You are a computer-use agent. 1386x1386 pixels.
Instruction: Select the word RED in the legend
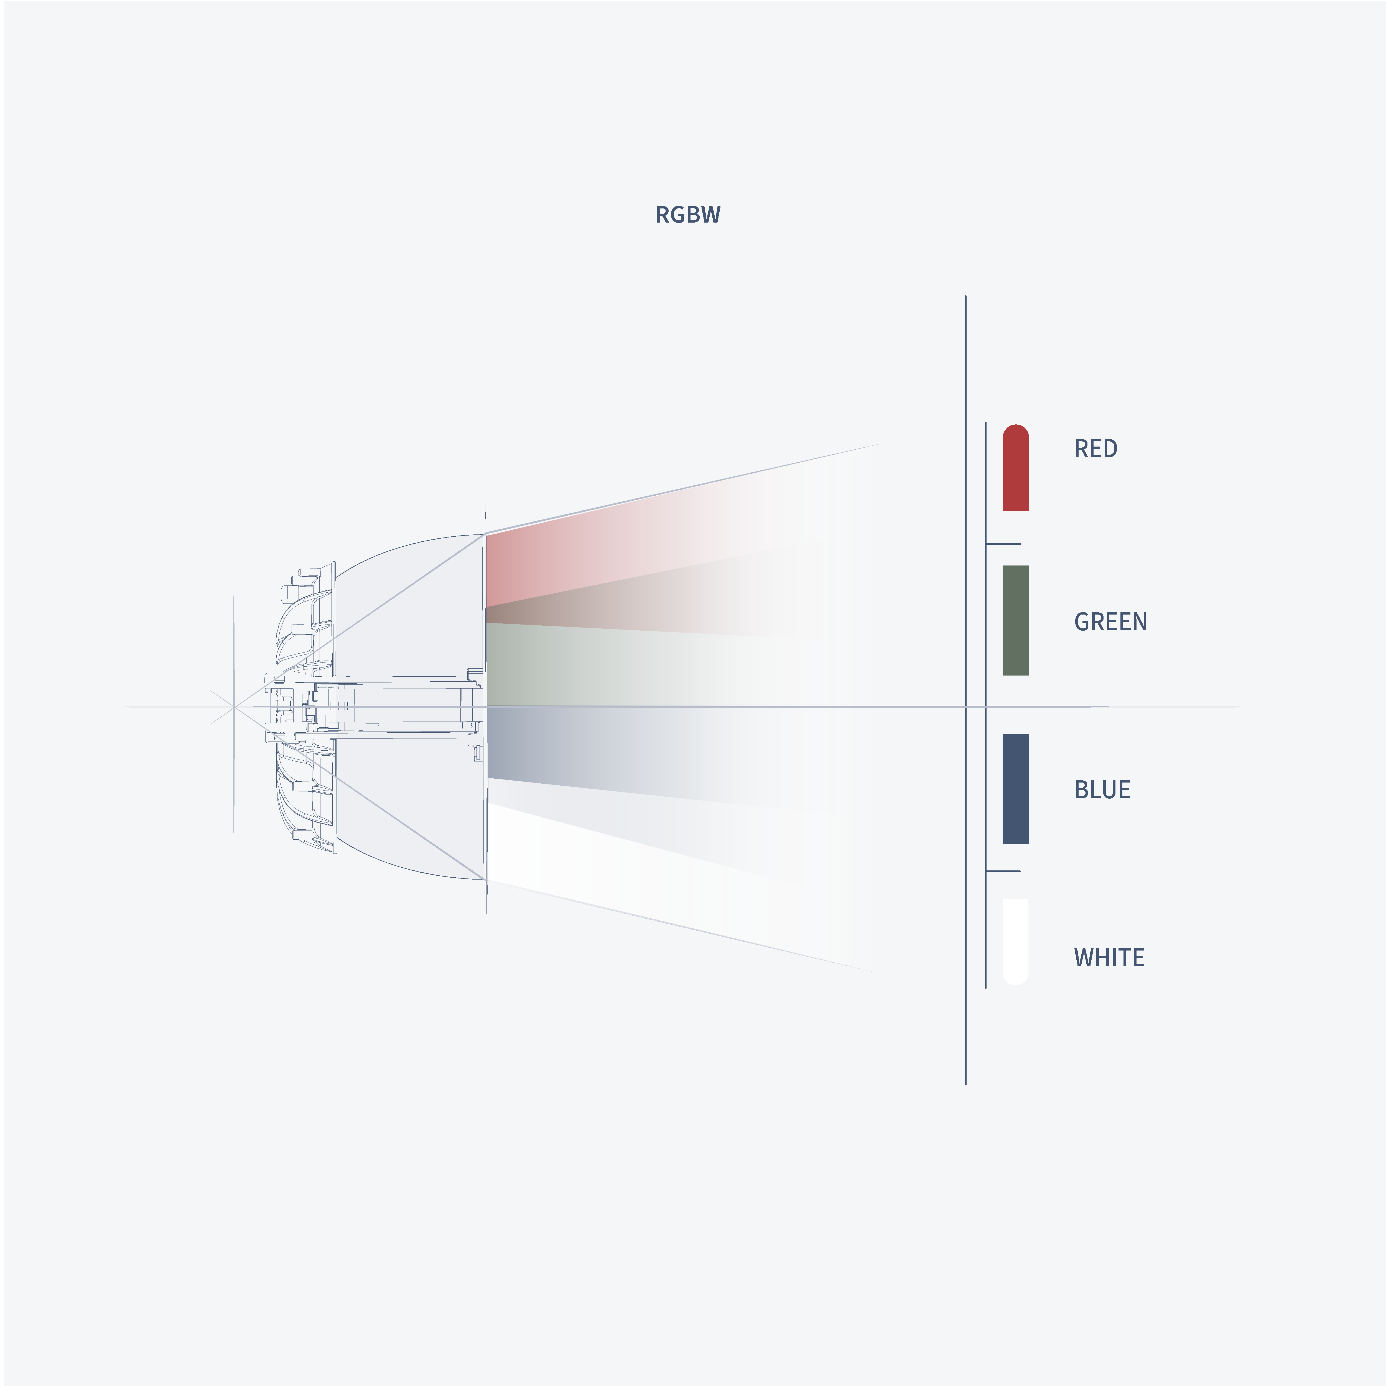(1095, 448)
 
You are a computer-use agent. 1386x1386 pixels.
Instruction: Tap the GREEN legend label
(1110, 621)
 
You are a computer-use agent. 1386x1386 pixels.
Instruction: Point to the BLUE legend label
(1102, 789)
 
